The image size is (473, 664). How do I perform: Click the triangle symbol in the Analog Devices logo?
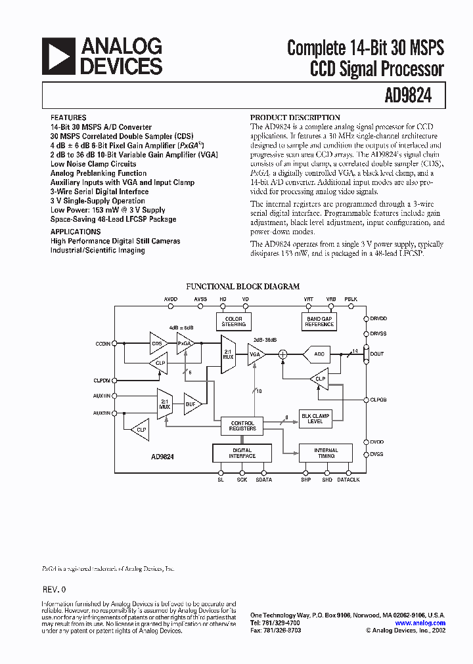[58, 55]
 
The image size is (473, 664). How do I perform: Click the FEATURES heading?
[68, 117]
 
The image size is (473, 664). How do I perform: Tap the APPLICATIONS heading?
[76, 232]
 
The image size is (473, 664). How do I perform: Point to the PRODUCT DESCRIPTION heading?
[295, 117]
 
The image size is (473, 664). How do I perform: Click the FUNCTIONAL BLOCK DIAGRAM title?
[243, 286]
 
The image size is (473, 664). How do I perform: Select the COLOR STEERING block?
[233, 322]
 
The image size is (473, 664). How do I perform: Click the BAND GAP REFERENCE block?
[319, 322]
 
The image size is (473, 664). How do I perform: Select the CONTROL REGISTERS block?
[242, 426]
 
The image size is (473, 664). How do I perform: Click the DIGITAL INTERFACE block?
[242, 453]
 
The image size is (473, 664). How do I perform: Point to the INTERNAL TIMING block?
[326, 453]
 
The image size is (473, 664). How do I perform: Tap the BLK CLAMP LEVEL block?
[316, 418]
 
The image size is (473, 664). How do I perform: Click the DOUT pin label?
[377, 354]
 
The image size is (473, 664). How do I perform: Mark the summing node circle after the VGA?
[283, 354]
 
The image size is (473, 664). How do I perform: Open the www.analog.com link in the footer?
[420, 623]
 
